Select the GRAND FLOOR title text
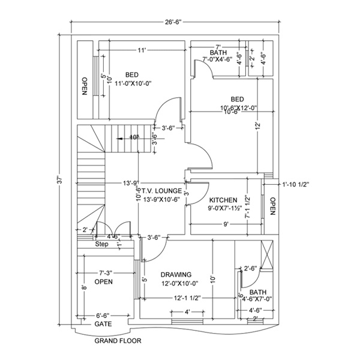click(x=118, y=341)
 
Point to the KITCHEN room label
click(x=223, y=200)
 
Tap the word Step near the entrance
click(x=101, y=244)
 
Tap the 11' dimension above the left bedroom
click(x=142, y=50)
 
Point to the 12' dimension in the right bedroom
click(x=257, y=126)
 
